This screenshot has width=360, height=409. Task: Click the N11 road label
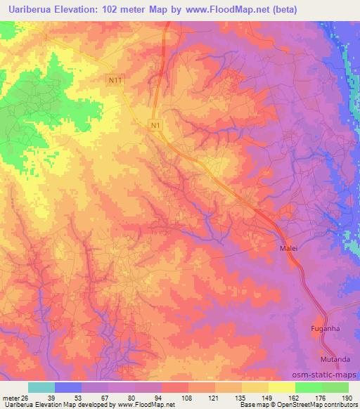click(x=115, y=81)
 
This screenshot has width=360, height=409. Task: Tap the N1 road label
click(x=155, y=125)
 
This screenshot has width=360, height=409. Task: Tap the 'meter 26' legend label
click(x=15, y=397)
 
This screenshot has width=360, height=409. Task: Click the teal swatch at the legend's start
click(x=41, y=387)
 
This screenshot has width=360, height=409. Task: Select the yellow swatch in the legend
click(x=281, y=387)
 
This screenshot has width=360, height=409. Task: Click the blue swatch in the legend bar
click(x=68, y=387)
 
